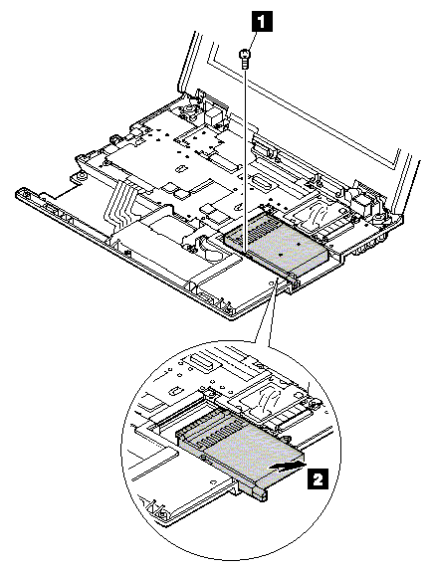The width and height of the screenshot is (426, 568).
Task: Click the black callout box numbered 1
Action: point(263,23)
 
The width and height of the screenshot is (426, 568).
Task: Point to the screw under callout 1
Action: point(244,60)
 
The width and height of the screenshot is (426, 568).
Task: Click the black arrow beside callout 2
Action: point(286,467)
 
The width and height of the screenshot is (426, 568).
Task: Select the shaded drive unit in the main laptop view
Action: point(276,244)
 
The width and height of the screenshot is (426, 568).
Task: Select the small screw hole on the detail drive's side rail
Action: point(205,459)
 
